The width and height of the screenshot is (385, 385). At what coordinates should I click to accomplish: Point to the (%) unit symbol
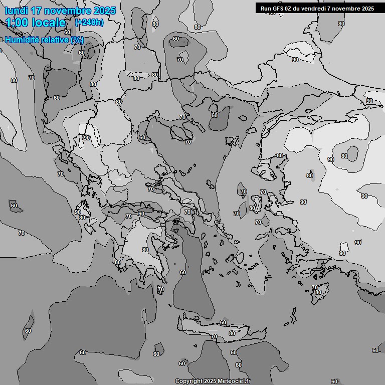(77, 40)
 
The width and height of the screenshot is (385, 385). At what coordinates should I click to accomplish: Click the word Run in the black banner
(266, 9)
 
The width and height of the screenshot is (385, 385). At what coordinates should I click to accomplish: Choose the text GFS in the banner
(279, 9)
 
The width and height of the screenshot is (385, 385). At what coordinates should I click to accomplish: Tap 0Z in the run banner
(290, 9)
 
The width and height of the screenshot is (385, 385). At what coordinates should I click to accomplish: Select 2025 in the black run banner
(367, 9)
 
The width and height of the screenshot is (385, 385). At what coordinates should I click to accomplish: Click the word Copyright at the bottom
(189, 381)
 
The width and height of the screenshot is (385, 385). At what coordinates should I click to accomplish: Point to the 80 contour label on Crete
(232, 333)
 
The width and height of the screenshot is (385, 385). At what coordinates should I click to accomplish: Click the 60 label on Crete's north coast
(223, 322)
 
